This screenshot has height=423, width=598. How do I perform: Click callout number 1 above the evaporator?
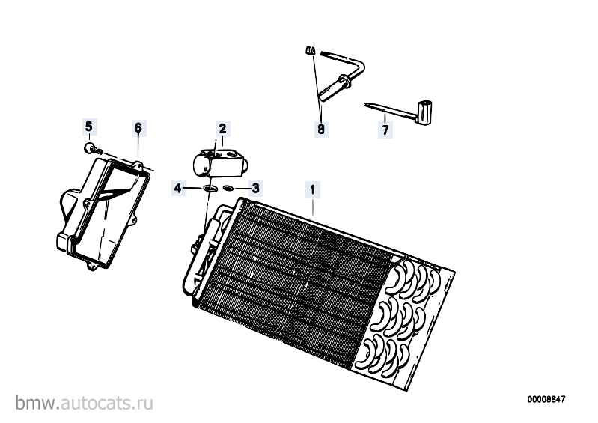coord(312,189)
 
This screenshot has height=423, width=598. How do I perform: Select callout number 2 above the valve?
coord(223,128)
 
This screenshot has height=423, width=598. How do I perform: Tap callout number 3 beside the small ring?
coord(255,188)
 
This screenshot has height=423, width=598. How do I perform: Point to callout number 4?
coord(177,188)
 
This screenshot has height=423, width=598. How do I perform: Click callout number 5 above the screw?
coord(88,126)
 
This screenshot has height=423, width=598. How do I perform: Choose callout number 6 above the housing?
coord(138,127)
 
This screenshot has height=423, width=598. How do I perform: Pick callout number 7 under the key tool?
coord(385,130)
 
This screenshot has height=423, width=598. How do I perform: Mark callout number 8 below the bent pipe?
coord(321,130)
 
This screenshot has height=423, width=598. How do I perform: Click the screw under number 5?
coord(93,148)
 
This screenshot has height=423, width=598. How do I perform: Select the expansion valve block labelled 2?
coord(220,163)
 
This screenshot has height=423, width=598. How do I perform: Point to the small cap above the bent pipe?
coord(310,51)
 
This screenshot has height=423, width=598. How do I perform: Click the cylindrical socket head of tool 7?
coord(425,113)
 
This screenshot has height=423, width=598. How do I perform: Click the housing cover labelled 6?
coord(104,213)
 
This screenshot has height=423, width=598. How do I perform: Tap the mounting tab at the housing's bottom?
coord(91,266)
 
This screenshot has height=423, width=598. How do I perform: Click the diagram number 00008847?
coord(546,399)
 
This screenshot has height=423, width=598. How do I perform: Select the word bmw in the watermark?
coord(37,403)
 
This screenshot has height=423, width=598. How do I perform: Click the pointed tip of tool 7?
coord(366,104)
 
